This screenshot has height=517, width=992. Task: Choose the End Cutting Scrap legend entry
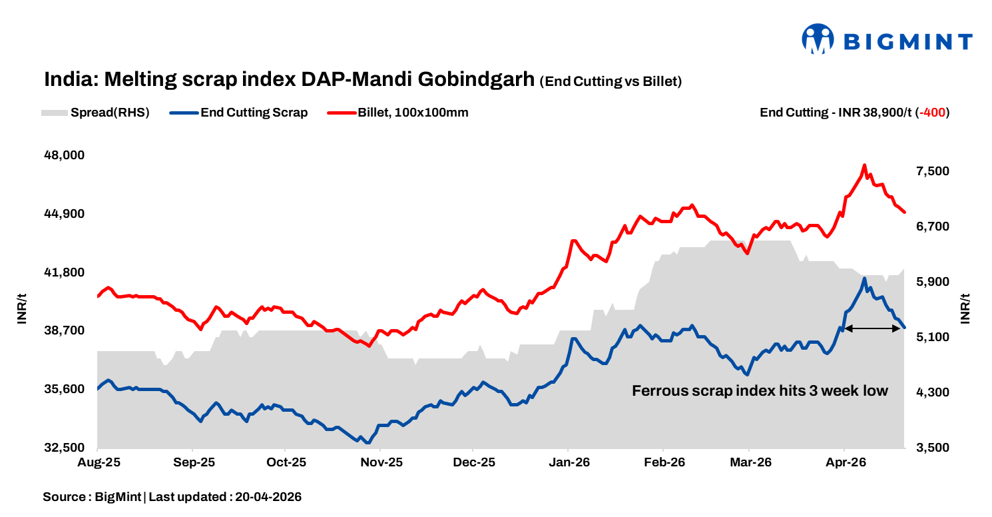coord(254,113)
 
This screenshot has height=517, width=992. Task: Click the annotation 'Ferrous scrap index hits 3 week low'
coord(760,391)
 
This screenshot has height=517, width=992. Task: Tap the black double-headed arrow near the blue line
coord(872,328)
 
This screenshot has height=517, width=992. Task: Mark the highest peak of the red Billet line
coord(864,165)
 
